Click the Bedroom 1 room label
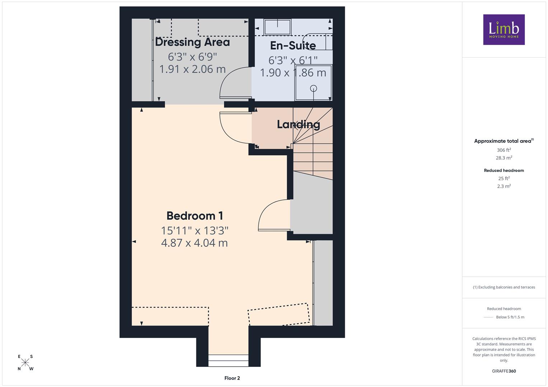[195, 216]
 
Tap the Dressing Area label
[192, 42]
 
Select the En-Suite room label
[293, 46]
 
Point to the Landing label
[298, 125]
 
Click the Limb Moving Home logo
[504, 29]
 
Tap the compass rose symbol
[25, 363]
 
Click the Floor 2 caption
[232, 378]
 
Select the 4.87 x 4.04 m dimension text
[195, 243]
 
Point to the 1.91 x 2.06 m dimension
[192, 69]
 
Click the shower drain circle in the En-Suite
[313, 89]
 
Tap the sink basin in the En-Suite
[277, 27]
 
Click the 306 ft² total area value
[504, 150]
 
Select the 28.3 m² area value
[504, 158]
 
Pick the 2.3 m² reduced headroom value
[504, 186]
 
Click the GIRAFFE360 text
[504, 371]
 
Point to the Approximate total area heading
[504, 141]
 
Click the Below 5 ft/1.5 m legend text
[510, 317]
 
